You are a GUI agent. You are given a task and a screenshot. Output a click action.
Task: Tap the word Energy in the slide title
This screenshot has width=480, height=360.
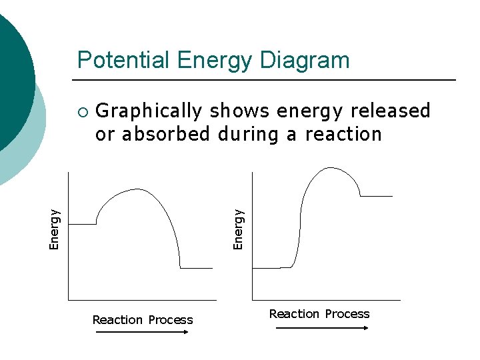(214, 61)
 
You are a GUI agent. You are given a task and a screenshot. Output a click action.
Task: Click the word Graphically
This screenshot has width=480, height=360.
(149, 111)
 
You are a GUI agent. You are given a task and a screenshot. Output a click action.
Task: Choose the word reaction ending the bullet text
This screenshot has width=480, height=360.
(343, 134)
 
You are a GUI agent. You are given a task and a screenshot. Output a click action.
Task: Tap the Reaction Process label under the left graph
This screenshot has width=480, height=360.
(143, 320)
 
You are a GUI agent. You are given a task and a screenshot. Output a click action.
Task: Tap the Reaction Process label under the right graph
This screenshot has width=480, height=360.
(319, 314)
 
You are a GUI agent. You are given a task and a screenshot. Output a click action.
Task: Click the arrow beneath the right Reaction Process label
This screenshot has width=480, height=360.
(321, 328)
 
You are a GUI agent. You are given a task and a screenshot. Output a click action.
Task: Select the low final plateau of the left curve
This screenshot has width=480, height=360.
(196, 268)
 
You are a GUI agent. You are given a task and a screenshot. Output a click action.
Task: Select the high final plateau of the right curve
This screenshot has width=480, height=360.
(377, 196)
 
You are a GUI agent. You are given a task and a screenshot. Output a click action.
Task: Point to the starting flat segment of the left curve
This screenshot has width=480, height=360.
(83, 224)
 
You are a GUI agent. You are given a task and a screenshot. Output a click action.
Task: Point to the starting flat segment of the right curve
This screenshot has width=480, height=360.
(267, 268)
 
